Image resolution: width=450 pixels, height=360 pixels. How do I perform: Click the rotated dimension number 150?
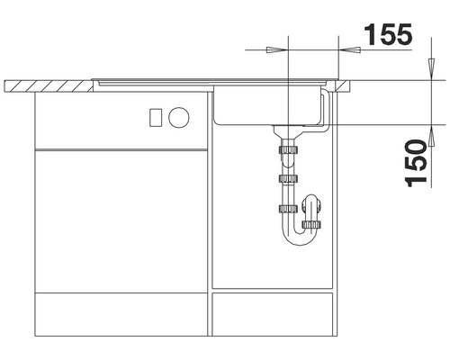tap(415, 163)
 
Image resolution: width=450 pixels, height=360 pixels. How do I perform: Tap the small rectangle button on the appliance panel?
tap(154, 117)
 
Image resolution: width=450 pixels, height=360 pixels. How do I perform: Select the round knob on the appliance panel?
tap(179, 117)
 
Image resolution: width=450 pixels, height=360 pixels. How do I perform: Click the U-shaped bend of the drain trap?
tap(301, 238)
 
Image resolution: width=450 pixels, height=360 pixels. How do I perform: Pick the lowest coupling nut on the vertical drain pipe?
tap(288, 211)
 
